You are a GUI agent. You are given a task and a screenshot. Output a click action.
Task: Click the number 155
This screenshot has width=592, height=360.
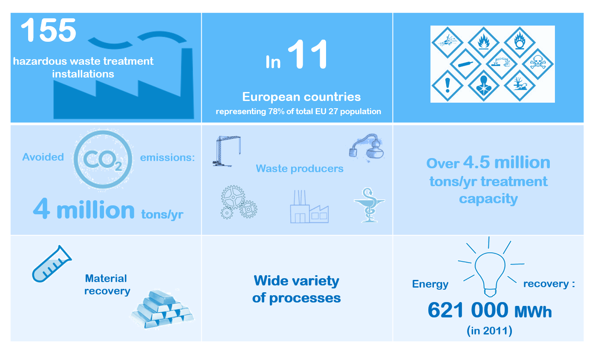[x=49, y=30]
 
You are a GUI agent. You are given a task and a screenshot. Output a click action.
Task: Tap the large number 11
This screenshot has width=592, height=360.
[x=308, y=55]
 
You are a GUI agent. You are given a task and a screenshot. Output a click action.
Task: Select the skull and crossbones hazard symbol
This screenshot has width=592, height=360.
[x=537, y=63]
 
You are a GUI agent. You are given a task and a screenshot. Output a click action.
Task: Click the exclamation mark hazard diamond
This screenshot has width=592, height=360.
[x=447, y=86]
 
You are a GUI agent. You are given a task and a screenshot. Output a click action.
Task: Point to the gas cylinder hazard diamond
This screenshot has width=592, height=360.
[x=465, y=64]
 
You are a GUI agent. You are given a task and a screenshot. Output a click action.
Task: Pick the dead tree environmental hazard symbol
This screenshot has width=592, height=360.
[x=520, y=86]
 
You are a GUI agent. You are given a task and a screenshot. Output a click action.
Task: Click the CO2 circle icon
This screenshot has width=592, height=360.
[x=103, y=159]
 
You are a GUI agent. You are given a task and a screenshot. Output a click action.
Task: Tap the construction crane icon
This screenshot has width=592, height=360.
[x=226, y=151]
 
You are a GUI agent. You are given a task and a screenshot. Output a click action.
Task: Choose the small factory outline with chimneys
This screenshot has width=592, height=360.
[x=309, y=207]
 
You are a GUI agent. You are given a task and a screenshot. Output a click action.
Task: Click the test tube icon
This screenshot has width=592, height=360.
[x=52, y=264]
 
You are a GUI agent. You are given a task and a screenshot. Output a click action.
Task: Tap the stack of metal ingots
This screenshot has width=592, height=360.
[x=162, y=309]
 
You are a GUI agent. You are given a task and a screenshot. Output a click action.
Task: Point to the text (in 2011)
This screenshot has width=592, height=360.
[x=489, y=331]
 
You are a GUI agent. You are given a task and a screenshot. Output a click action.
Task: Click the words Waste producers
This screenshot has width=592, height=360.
[x=300, y=169]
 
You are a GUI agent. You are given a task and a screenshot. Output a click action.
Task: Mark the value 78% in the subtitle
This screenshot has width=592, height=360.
[x=276, y=112]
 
